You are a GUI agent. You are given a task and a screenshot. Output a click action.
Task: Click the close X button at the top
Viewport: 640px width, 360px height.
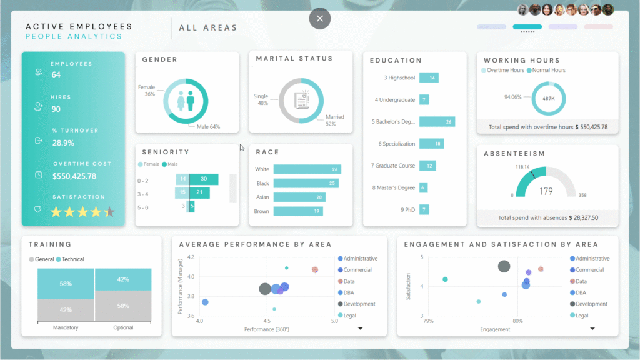(x=319, y=19)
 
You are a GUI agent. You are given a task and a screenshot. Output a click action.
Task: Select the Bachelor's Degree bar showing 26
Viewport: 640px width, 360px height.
(x=437, y=122)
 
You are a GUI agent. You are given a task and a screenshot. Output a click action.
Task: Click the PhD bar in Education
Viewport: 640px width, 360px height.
(x=424, y=210)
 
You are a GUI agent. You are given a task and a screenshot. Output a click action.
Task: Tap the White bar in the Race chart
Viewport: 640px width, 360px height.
(x=307, y=169)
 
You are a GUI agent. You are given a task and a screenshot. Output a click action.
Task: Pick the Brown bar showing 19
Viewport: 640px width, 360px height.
(x=298, y=211)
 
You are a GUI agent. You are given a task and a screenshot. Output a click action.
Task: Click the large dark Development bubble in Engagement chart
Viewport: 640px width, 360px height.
(x=504, y=267)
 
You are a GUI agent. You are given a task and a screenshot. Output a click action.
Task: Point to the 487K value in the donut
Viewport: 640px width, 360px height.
(x=548, y=99)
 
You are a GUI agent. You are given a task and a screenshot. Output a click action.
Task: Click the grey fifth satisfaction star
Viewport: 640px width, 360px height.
(x=110, y=212)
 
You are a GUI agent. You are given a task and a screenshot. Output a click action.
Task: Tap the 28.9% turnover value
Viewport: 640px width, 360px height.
(x=63, y=142)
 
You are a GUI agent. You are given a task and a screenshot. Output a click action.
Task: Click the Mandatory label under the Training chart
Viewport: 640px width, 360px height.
(x=65, y=327)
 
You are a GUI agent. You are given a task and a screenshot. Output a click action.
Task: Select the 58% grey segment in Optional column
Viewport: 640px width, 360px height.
(x=123, y=306)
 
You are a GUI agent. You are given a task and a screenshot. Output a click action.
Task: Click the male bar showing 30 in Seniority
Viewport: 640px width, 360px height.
(x=204, y=179)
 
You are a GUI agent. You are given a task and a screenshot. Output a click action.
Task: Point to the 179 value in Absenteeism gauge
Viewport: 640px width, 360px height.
(x=546, y=191)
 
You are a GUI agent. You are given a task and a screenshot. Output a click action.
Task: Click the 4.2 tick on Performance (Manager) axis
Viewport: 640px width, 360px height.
(x=190, y=257)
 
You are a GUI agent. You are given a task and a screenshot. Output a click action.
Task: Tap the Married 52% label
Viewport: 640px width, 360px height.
(x=334, y=120)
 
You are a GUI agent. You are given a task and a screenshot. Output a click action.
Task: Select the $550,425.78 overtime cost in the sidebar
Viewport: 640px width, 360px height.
(x=74, y=176)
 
